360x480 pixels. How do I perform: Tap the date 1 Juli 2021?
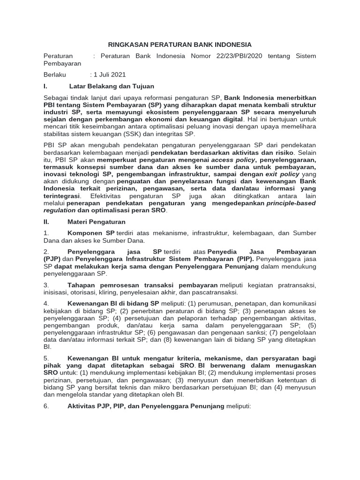pos(110,75)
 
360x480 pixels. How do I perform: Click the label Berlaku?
pos(55,75)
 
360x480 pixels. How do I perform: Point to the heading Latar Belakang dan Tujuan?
pos(112,86)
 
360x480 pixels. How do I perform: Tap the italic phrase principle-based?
pos(291,203)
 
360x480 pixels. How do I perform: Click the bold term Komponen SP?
pos(91,233)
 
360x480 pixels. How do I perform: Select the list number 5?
pos(46,358)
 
